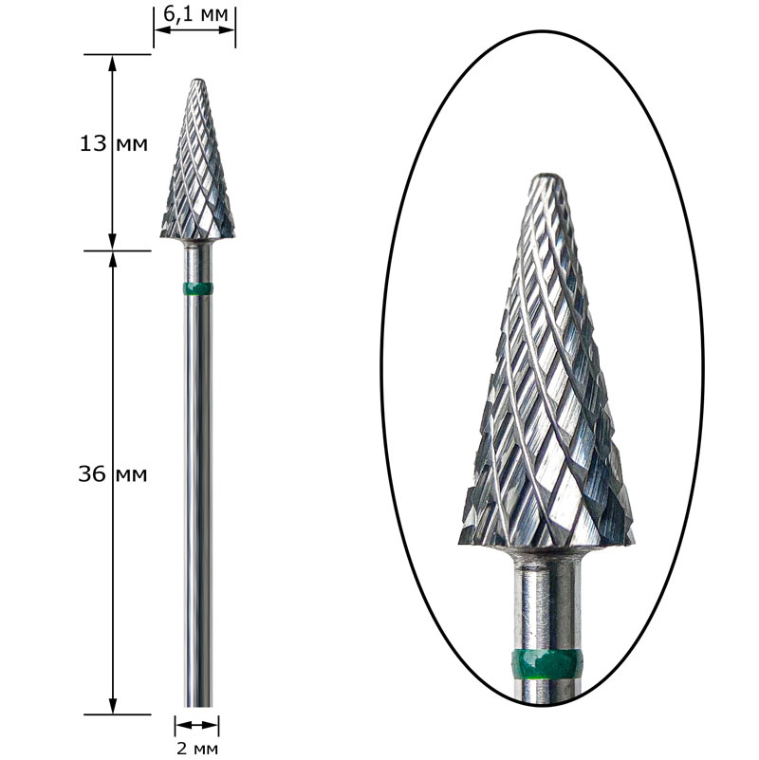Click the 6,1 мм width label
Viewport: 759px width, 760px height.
pyautogui.click(x=194, y=14)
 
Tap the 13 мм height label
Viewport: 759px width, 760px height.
pyautogui.click(x=114, y=144)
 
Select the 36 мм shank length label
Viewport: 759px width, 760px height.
pyautogui.click(x=113, y=474)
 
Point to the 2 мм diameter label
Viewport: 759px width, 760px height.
pyautogui.click(x=196, y=749)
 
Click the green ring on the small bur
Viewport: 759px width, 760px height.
pyautogui.click(x=197, y=288)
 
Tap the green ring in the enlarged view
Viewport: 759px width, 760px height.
pyautogui.click(x=546, y=665)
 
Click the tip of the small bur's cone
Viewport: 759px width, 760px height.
pyautogui.click(x=197, y=80)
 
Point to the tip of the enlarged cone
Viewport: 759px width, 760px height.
pyautogui.click(x=546, y=175)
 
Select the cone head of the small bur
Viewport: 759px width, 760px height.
pyautogui.click(x=197, y=159)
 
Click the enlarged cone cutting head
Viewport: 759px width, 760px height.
pyautogui.click(x=546, y=361)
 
